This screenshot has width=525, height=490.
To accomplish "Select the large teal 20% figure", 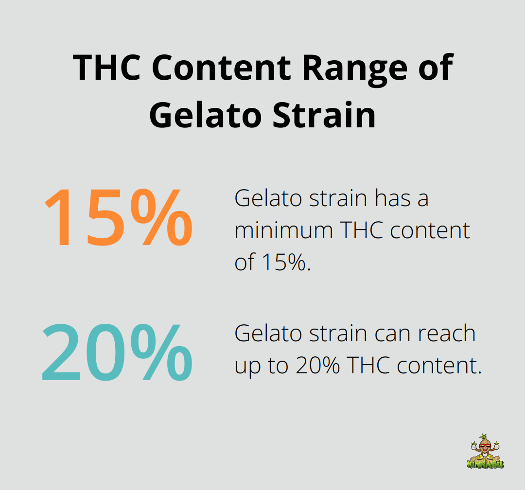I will point(117,351).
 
